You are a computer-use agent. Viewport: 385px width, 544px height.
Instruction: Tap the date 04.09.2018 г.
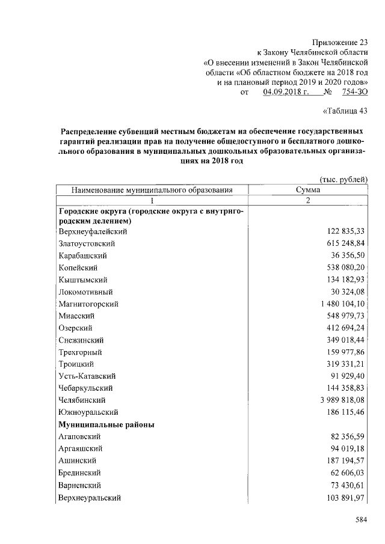pos(286,92)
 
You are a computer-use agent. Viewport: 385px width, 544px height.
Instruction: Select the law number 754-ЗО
pos(354,92)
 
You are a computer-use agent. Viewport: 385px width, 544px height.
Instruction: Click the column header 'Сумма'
pos(307,190)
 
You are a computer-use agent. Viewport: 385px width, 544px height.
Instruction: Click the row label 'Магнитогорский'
pos(88,304)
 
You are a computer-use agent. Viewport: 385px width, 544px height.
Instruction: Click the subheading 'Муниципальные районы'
pos(106,424)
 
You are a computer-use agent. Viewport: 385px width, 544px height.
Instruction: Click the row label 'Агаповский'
pos(79,436)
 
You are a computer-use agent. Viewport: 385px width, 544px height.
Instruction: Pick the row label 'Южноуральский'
pos(88,412)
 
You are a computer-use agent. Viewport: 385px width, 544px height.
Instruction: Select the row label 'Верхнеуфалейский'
pos(93,231)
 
